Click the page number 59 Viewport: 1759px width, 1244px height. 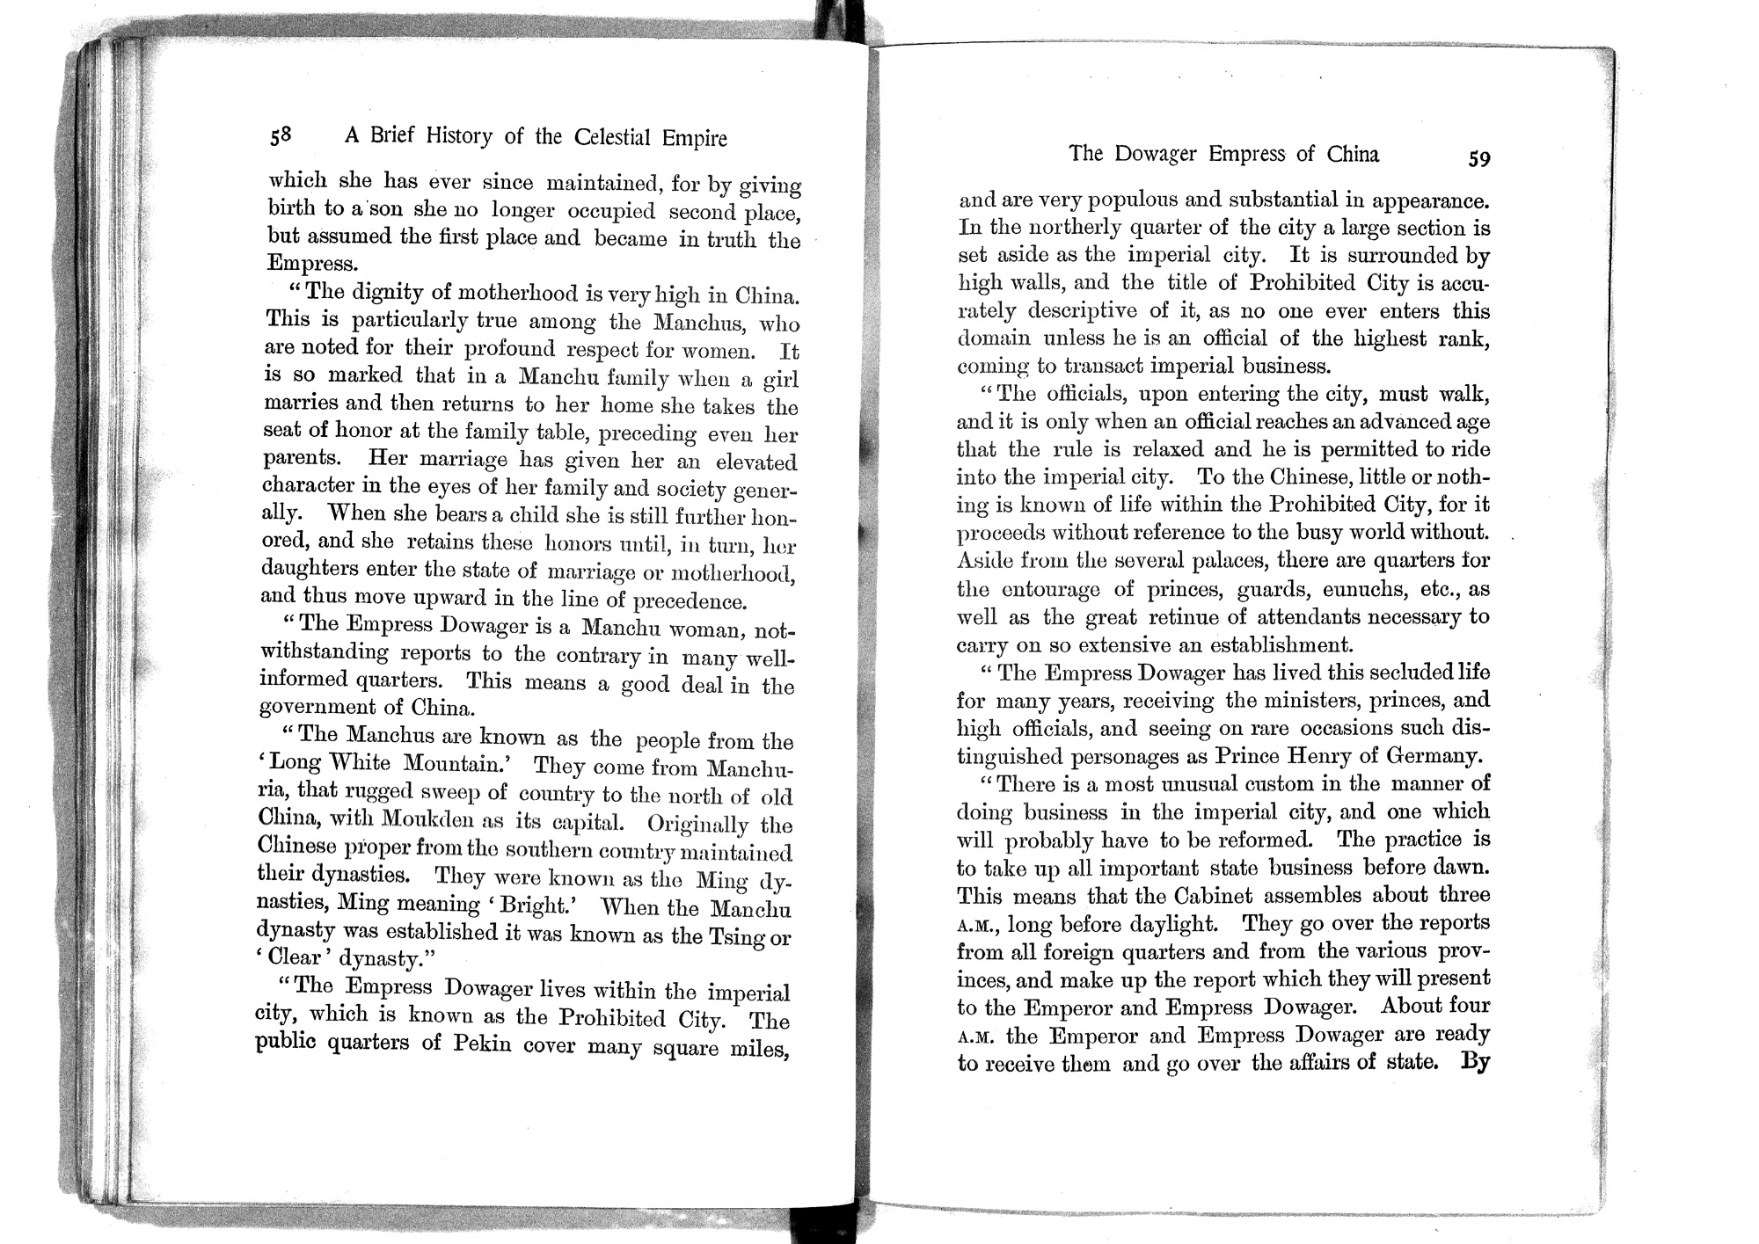(1478, 158)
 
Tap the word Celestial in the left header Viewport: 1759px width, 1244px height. (613, 138)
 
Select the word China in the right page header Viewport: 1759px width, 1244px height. (1353, 154)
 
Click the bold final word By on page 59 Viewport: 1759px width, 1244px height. (1474, 1061)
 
